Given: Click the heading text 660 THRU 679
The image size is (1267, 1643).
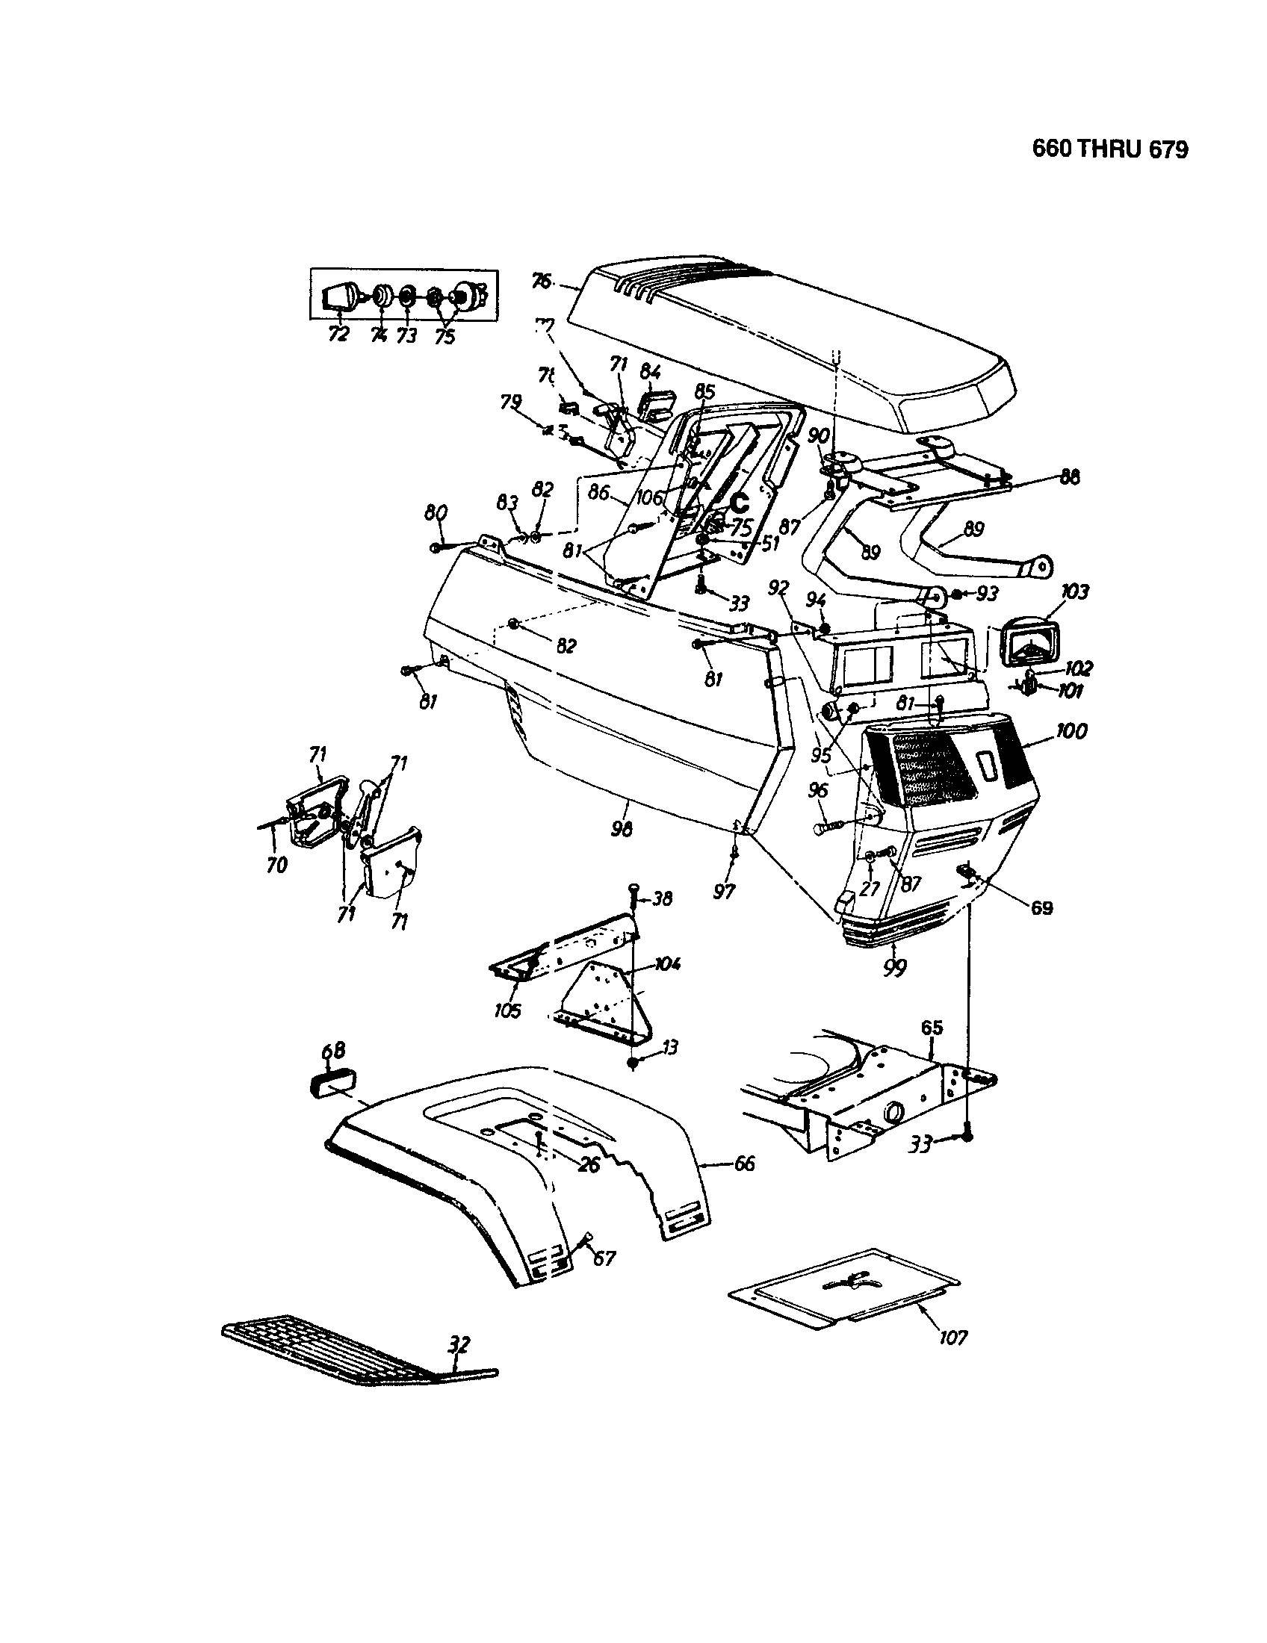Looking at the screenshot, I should click(x=1110, y=149).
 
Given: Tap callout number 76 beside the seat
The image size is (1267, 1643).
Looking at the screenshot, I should click(x=541, y=282).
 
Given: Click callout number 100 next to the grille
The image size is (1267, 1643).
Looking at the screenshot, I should click(x=1071, y=730).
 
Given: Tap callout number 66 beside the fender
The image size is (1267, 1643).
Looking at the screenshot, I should click(x=744, y=1164).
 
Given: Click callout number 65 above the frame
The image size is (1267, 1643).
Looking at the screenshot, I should click(x=932, y=1028).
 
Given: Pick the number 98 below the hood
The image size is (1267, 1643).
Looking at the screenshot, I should click(x=622, y=828).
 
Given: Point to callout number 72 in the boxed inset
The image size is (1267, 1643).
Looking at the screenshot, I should click(x=338, y=334).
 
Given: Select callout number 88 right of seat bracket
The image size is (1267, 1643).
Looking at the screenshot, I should click(x=1069, y=476).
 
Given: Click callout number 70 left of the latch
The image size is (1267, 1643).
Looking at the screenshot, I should click(x=277, y=865).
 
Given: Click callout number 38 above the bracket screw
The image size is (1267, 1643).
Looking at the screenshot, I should click(x=661, y=898).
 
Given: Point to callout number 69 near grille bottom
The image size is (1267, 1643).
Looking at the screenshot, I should click(x=1041, y=908).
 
